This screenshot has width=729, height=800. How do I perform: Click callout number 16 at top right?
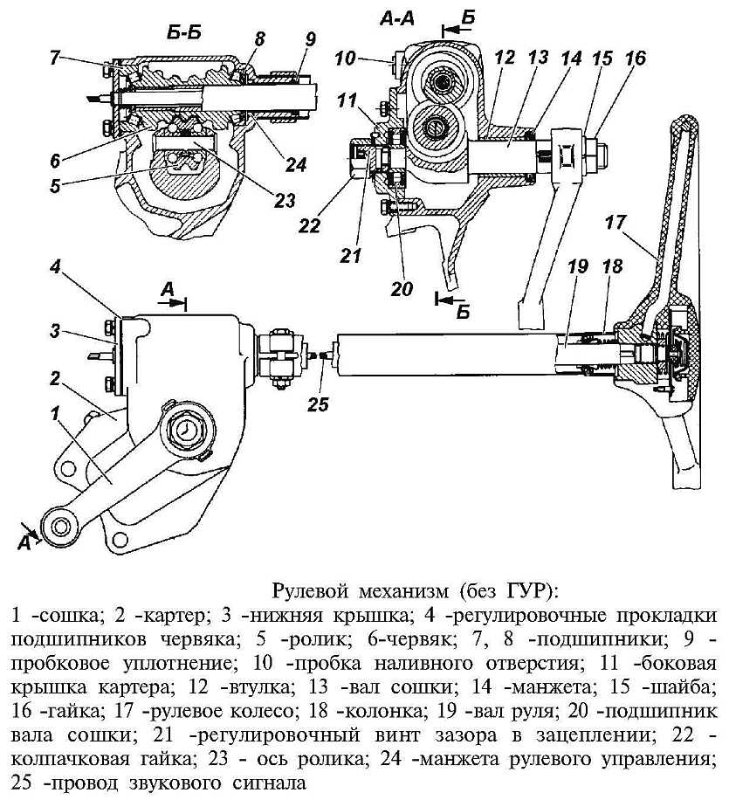tap(636, 58)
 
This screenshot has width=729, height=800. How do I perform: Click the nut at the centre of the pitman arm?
tap(188, 430)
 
